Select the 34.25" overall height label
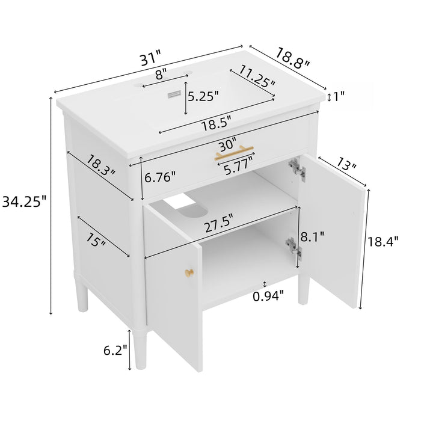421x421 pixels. (24, 202)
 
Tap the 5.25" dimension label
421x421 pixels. (203, 95)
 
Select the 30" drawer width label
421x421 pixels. (227, 146)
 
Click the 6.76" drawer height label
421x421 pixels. (159, 177)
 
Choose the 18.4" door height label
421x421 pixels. (383, 242)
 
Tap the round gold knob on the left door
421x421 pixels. (189, 274)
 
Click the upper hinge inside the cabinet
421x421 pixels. (295, 168)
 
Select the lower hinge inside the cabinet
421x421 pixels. (293, 247)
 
